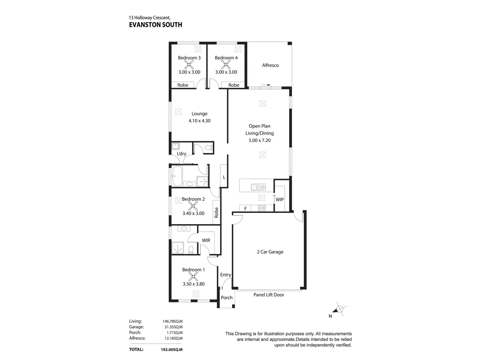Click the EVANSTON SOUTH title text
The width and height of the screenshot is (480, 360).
(155, 25)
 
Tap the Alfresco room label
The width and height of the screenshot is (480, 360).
(270, 65)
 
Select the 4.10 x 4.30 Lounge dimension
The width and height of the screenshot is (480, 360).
(199, 121)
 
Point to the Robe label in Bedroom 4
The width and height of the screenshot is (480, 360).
(234, 85)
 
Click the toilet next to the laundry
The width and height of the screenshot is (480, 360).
(208, 148)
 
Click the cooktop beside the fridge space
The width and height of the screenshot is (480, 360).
(262, 208)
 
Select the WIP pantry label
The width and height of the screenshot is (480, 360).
(280, 199)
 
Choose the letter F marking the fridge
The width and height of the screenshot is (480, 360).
(246, 209)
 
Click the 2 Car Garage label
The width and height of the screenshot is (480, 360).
(270, 252)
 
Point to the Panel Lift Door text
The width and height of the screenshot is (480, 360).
(269, 295)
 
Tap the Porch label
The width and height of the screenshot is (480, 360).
(227, 298)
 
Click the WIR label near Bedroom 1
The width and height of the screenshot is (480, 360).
(206, 240)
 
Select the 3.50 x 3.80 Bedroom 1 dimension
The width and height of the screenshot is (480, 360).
(194, 284)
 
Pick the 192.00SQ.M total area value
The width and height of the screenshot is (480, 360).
(171, 350)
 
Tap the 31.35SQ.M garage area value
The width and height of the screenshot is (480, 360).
(172, 327)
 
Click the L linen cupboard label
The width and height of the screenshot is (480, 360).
(224, 177)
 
